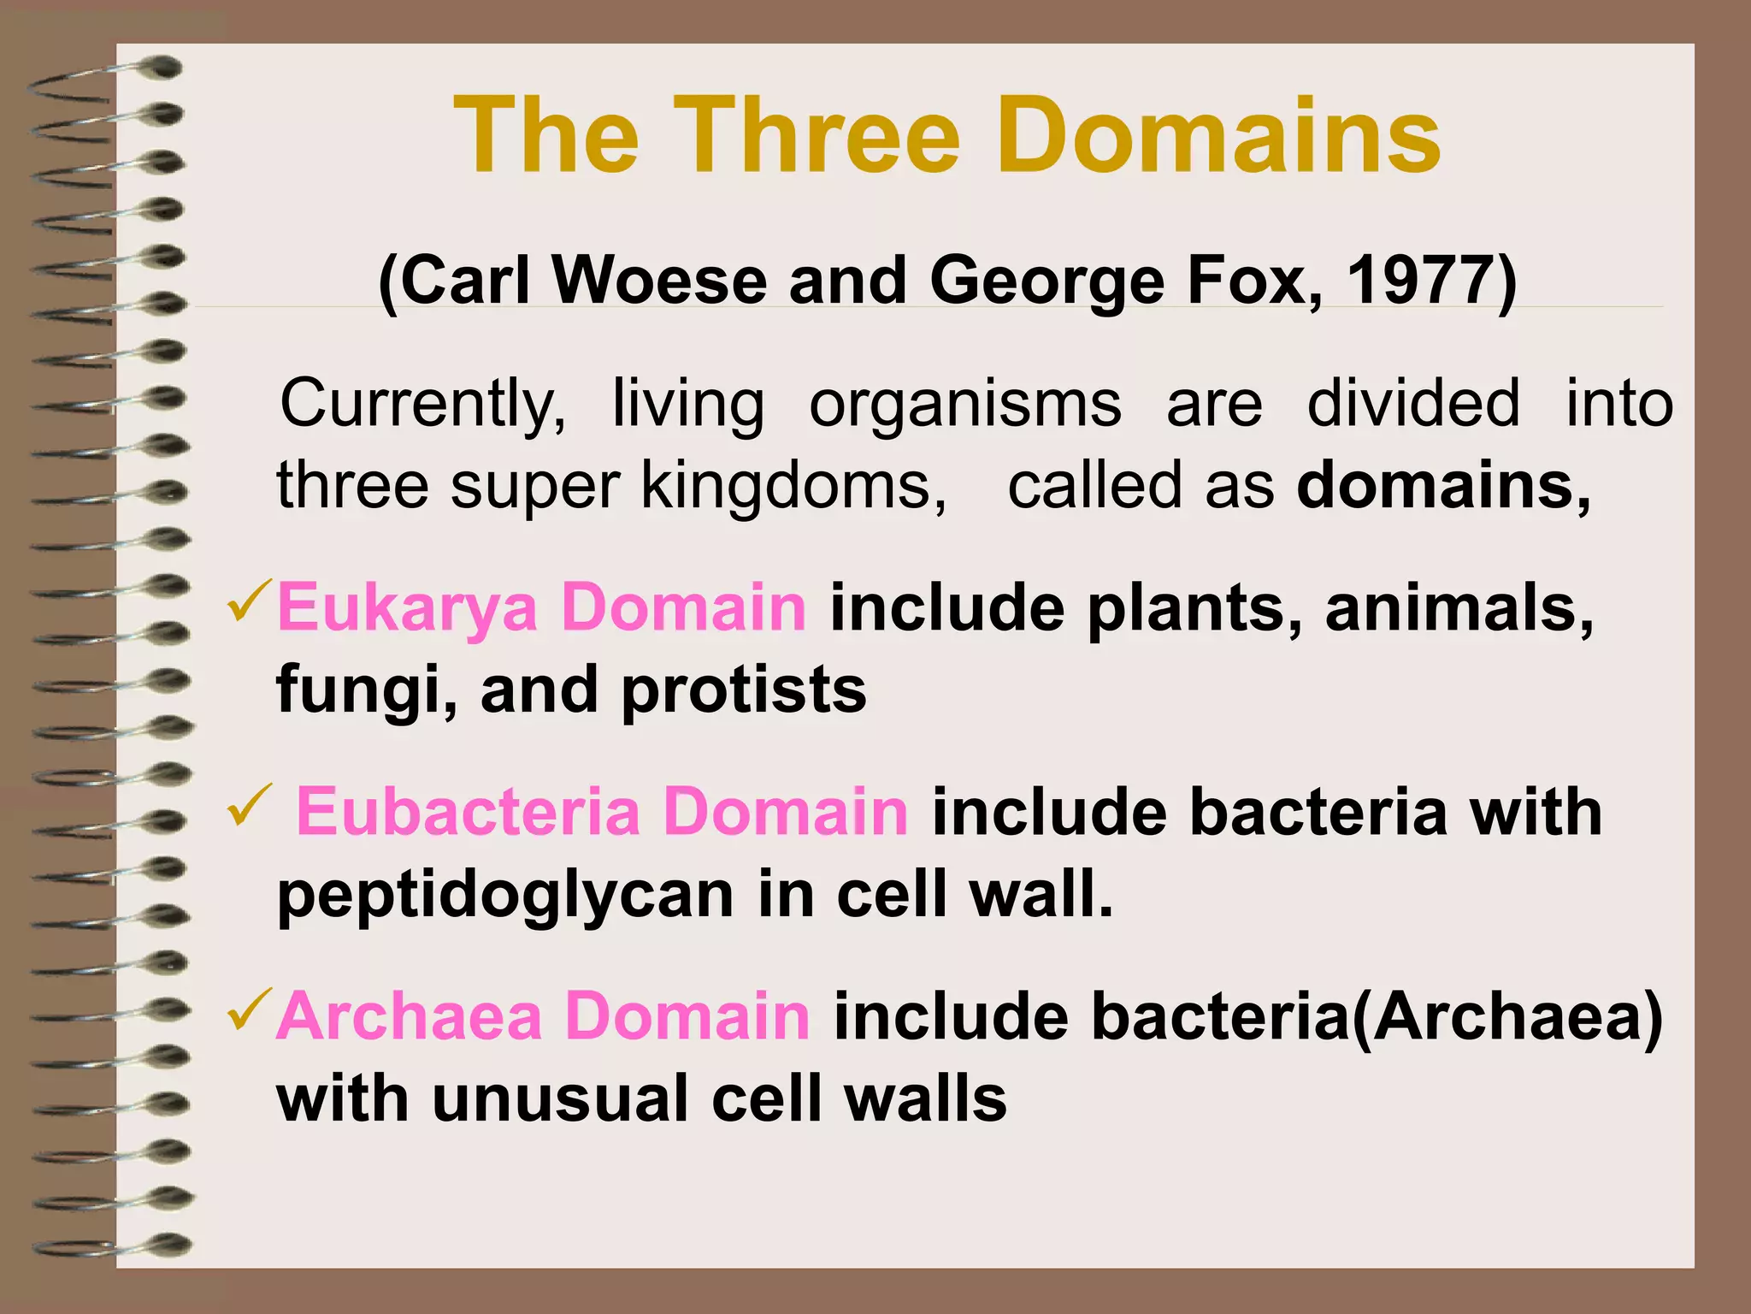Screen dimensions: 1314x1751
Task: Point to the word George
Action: click(x=1046, y=282)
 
